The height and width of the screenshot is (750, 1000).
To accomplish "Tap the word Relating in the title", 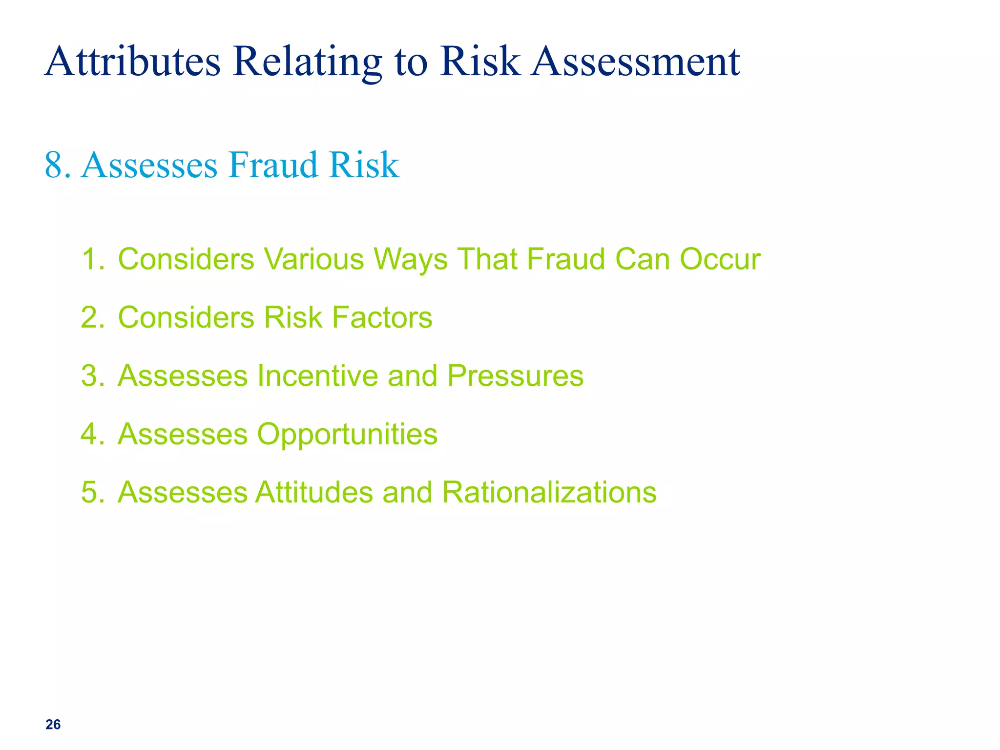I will click(x=307, y=62).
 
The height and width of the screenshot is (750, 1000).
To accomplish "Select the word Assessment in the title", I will click(x=635, y=62).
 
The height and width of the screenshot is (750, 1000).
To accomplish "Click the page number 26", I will click(x=53, y=725).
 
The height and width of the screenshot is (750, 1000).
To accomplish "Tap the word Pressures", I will click(x=515, y=376).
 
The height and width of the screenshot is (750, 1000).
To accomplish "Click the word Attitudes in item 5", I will click(x=314, y=492).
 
